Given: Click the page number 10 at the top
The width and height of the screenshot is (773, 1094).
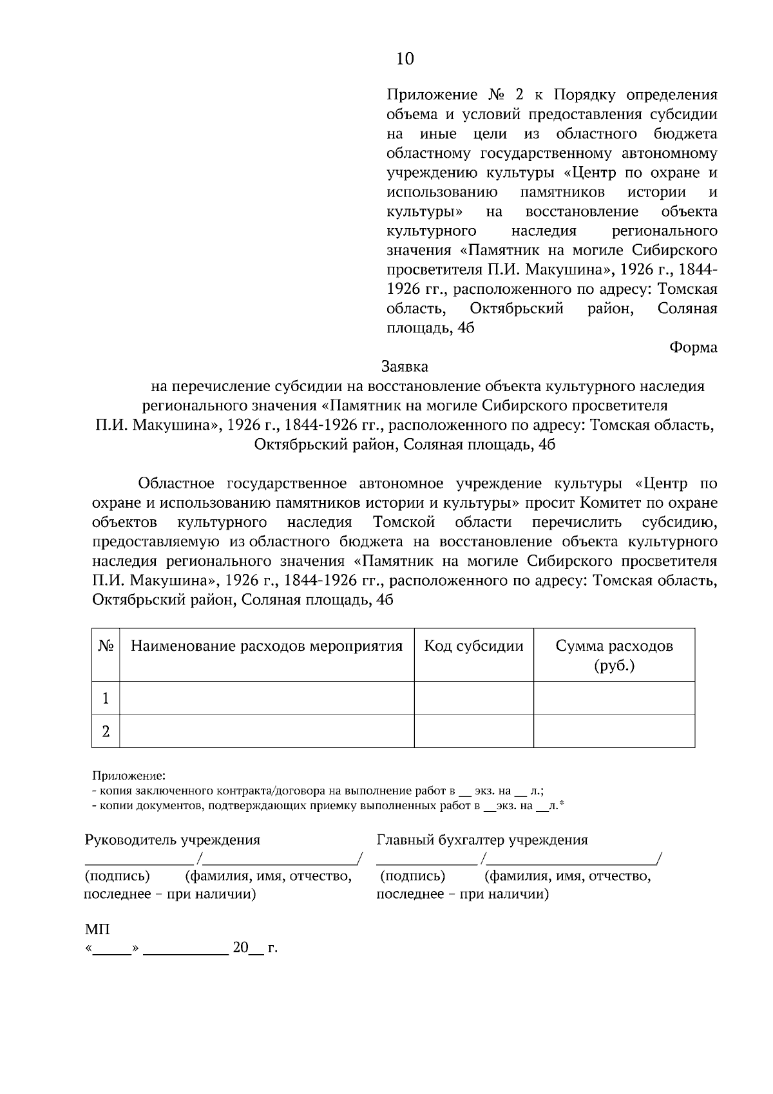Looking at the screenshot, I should pyautogui.click(x=405, y=59).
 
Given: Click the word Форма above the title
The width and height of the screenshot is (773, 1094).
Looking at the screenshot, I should pyautogui.click(x=693, y=347).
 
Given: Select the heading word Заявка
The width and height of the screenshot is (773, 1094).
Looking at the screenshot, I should pyautogui.click(x=405, y=367).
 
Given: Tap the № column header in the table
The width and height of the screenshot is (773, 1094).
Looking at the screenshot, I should pyautogui.click(x=106, y=646).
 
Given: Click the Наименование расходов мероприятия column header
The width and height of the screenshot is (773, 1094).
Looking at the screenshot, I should pyautogui.click(x=267, y=646).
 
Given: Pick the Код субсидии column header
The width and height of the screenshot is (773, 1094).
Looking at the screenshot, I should pyautogui.click(x=473, y=646).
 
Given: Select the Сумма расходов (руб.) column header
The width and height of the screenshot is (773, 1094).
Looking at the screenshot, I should pyautogui.click(x=614, y=655).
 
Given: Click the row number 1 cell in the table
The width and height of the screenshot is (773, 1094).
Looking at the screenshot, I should pyautogui.click(x=106, y=698).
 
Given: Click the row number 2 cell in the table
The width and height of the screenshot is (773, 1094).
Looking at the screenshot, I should pyautogui.click(x=106, y=731).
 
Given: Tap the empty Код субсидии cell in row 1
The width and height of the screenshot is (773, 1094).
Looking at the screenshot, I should pyautogui.click(x=473, y=698).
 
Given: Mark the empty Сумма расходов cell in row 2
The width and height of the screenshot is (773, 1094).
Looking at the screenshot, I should pyautogui.click(x=614, y=731).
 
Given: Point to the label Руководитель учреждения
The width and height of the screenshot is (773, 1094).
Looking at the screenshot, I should pyautogui.click(x=173, y=840).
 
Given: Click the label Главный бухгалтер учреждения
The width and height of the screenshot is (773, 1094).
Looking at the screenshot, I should pyautogui.click(x=482, y=840).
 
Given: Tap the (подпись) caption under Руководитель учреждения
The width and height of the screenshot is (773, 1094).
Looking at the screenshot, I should pyautogui.click(x=117, y=876).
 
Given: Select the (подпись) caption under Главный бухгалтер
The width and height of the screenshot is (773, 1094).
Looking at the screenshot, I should pyautogui.click(x=413, y=876).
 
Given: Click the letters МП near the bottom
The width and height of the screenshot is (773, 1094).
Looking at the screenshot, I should pyautogui.click(x=97, y=930).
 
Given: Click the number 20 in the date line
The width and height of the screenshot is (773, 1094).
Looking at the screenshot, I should pyautogui.click(x=240, y=948).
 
